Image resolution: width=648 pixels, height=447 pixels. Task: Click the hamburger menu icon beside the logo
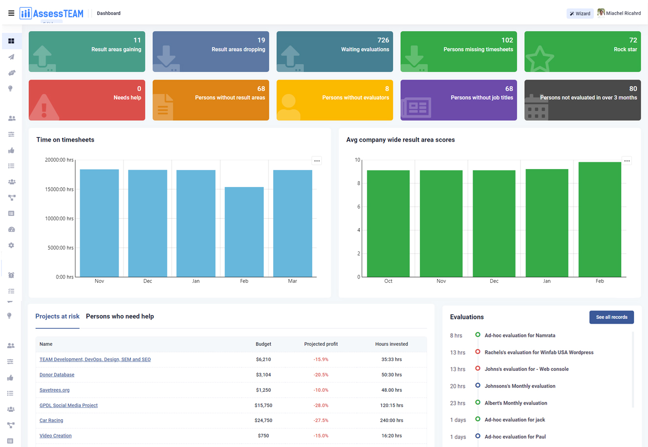point(11,13)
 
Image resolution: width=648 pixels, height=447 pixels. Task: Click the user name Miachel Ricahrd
point(623,13)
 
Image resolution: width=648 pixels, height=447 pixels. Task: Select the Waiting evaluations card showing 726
point(334,51)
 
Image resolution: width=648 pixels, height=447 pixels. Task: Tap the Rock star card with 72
point(582,51)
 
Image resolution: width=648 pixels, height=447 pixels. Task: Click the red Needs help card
point(86,100)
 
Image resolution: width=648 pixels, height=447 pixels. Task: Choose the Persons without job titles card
point(458,100)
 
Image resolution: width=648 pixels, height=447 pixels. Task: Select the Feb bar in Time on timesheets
point(244,232)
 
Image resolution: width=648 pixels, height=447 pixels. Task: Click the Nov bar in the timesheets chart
point(99,223)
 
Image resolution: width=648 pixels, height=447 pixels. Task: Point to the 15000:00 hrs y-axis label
point(59,189)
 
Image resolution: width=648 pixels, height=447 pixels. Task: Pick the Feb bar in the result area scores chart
point(600,220)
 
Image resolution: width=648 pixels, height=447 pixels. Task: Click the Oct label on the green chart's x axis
point(388,281)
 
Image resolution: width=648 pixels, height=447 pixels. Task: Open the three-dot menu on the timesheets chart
point(317,161)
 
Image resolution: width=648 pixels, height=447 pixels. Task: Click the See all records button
point(611,317)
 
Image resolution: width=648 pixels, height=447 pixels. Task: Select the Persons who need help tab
point(120,317)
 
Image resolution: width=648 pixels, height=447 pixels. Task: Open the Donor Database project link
point(57,375)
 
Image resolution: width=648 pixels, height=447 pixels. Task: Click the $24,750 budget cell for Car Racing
point(263,420)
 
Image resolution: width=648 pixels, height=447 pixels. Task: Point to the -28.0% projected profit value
point(321,405)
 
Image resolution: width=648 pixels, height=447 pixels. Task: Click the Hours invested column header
point(391,344)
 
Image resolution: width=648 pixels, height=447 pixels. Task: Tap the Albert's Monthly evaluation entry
point(516,403)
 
